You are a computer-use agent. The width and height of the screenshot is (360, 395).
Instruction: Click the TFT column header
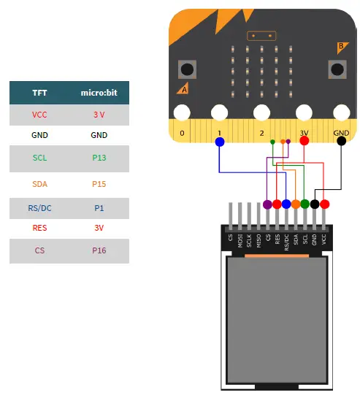pyautogui.click(x=39, y=93)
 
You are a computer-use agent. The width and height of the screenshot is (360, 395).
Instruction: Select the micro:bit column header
pyautogui.click(x=99, y=93)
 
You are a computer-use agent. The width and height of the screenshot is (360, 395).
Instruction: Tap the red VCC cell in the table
pyautogui.click(x=39, y=115)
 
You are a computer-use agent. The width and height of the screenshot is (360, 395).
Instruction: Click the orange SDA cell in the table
pyautogui.click(x=39, y=184)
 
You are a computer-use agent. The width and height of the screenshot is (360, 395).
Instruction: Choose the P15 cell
pyautogui.click(x=99, y=184)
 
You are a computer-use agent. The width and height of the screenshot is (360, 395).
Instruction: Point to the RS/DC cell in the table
pyautogui.click(x=39, y=208)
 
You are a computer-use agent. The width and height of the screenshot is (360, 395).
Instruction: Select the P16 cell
pyautogui.click(x=99, y=250)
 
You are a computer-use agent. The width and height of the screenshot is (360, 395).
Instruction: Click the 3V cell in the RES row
pyautogui.click(x=99, y=227)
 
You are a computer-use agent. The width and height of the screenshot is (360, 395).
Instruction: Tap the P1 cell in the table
pyautogui.click(x=99, y=208)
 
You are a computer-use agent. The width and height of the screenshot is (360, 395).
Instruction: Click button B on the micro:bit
pyautogui.click(x=337, y=70)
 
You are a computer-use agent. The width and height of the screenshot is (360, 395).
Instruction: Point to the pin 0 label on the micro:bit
pyautogui.click(x=182, y=134)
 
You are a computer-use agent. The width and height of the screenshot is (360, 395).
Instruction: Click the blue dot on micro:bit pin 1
pyautogui.click(x=220, y=142)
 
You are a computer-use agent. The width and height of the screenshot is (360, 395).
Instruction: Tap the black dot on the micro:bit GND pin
pyautogui.click(x=342, y=142)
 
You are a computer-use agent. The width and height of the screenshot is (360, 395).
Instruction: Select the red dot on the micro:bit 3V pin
pyautogui.click(x=304, y=142)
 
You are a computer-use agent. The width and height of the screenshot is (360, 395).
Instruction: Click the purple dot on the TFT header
pyautogui.click(x=267, y=204)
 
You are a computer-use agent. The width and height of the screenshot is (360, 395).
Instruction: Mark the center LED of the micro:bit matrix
pyautogui.click(x=262, y=69)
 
